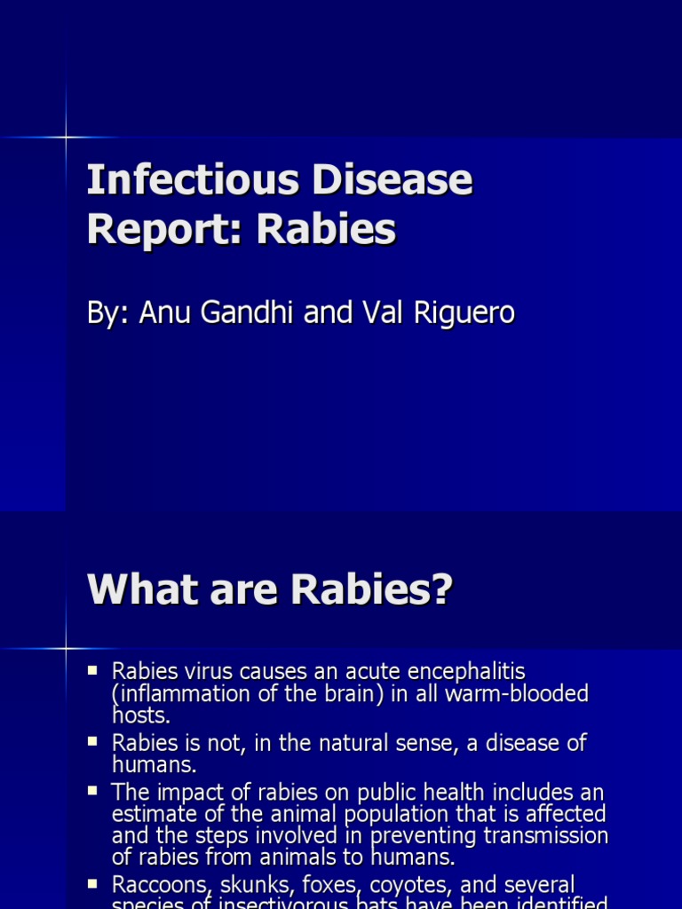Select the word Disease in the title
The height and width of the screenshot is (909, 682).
[x=400, y=182]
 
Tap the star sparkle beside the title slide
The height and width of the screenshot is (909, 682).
[x=66, y=137]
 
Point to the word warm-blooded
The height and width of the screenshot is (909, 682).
[x=514, y=693]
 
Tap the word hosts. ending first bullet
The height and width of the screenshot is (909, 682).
[x=140, y=715]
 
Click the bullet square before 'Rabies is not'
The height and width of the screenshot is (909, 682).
[x=92, y=739]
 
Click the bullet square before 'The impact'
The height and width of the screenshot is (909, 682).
[x=92, y=788]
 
